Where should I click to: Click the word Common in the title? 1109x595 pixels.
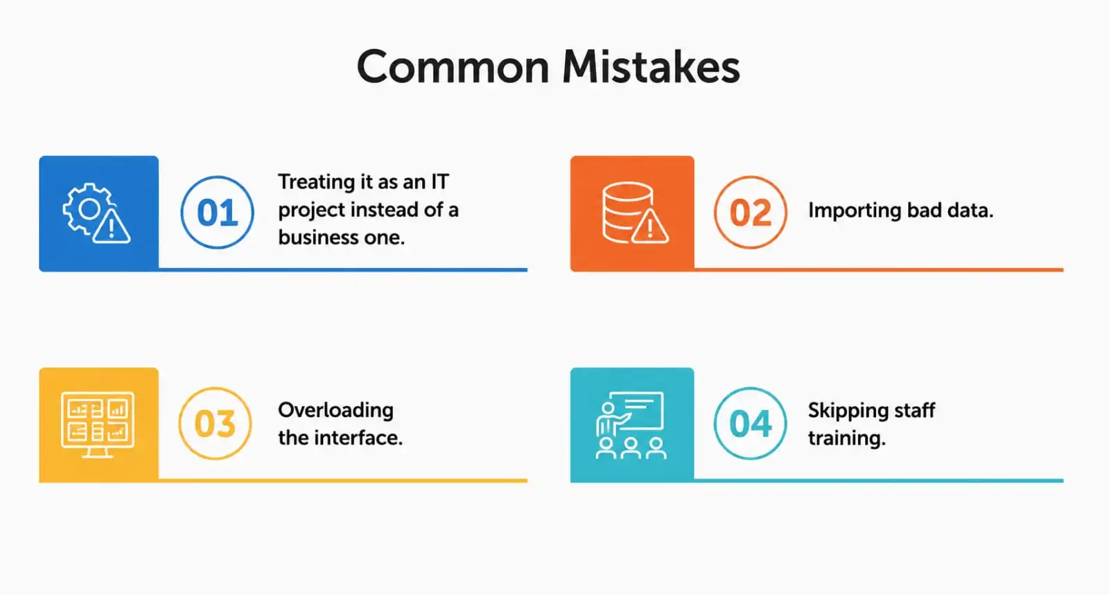coord(453,67)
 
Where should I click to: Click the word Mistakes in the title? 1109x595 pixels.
coord(651,67)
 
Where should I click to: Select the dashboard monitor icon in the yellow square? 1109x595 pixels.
coord(98,425)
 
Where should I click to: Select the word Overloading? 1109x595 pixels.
coord(335,410)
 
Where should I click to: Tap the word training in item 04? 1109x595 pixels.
coord(846,438)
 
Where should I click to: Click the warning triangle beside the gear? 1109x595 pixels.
coord(112,226)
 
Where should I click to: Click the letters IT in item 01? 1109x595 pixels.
coord(439,181)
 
